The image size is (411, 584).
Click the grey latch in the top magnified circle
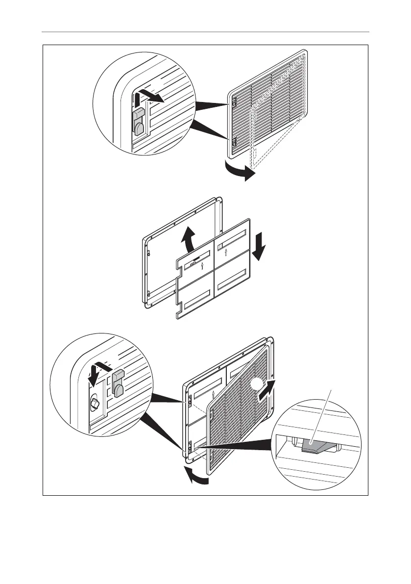(138, 122)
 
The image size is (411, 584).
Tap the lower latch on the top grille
(234, 142)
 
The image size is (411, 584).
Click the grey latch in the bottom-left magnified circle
(118, 383)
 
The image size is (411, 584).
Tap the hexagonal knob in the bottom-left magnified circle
(95, 403)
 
